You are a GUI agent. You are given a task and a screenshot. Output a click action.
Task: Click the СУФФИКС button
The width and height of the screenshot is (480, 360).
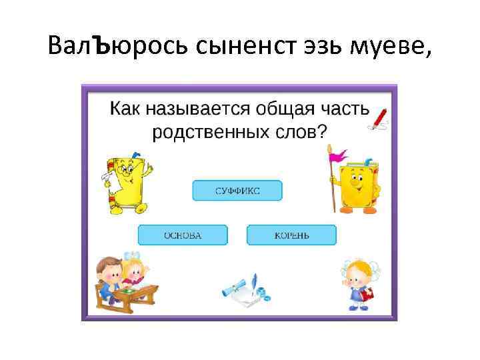coord(237,191)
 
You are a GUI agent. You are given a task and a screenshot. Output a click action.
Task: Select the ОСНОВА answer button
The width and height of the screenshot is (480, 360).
coord(183,235)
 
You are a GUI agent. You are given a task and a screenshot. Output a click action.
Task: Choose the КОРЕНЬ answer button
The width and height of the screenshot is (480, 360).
coord(291,235)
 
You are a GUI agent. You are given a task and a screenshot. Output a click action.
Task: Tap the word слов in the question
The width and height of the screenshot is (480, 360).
coord(306,131)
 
